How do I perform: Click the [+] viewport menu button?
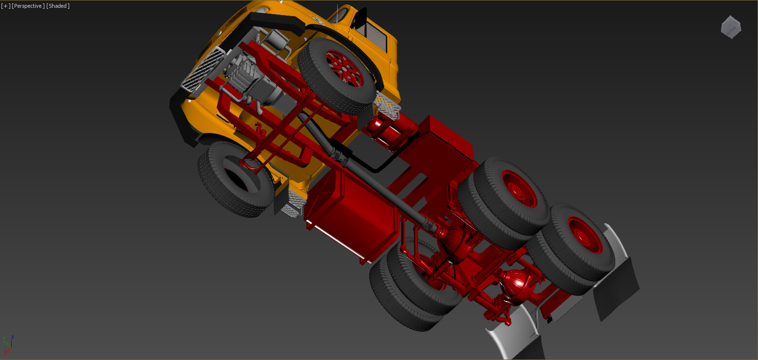pyautogui.click(x=6, y=6)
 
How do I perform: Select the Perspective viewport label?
pyautogui.click(x=28, y=6)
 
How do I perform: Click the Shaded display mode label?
pyautogui.click(x=58, y=6)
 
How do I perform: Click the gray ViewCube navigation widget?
pyautogui.click(x=731, y=27)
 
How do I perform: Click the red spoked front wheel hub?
pyautogui.click(x=344, y=69)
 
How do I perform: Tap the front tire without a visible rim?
pyautogui.click(x=236, y=179)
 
